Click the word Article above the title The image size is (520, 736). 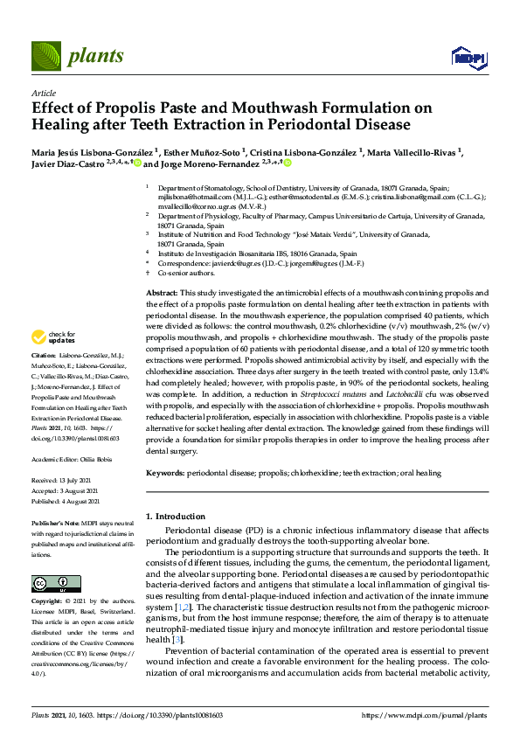43,92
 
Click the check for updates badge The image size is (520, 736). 52,337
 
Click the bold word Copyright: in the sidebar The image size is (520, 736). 47,603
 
